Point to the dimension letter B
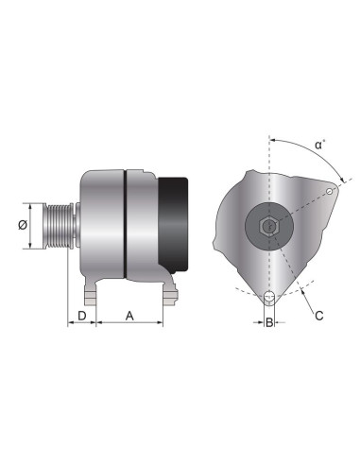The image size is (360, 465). coord(270,324)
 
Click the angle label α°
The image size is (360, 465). coord(321,146)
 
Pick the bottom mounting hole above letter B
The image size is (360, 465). coord(270,300)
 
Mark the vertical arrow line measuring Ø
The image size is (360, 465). coord(34,226)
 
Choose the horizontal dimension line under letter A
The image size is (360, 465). coord(129,323)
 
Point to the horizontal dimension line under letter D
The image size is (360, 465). coord(82,323)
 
